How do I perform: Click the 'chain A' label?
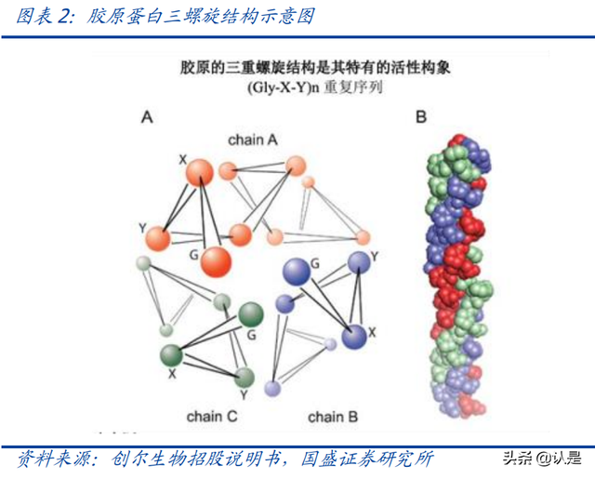253,140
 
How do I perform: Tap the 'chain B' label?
333,417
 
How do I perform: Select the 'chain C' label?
212,417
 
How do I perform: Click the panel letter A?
147,117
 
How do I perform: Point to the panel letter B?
421,116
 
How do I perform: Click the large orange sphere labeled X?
200,173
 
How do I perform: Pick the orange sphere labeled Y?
158,238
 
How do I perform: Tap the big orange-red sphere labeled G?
216,262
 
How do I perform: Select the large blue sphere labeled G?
297,272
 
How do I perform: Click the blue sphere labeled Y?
359,262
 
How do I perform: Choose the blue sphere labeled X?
354,337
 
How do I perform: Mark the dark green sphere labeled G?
250,315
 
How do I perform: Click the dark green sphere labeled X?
171,355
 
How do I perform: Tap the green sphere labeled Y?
244,378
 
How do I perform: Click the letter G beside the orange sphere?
194,255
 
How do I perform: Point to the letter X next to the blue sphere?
372,332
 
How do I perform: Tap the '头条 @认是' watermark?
542,459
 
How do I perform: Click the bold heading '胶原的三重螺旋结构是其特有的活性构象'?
315,68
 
